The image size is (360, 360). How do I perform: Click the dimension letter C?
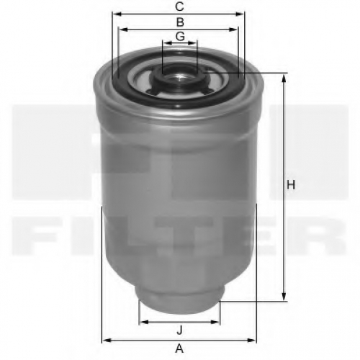tap(179, 6)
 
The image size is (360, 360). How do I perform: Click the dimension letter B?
tap(180, 22)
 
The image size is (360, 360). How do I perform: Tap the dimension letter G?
tap(180, 36)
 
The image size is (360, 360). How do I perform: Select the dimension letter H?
tap(291, 185)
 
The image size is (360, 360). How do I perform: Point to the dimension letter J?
tap(179, 330)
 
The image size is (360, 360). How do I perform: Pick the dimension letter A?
tap(179, 348)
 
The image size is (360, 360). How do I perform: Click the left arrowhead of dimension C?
tap(117, 14)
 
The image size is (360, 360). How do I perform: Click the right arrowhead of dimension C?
tap(240, 14)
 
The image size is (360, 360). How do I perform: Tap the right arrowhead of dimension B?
tap(233, 30)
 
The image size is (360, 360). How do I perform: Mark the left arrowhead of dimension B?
tap(124, 30)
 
